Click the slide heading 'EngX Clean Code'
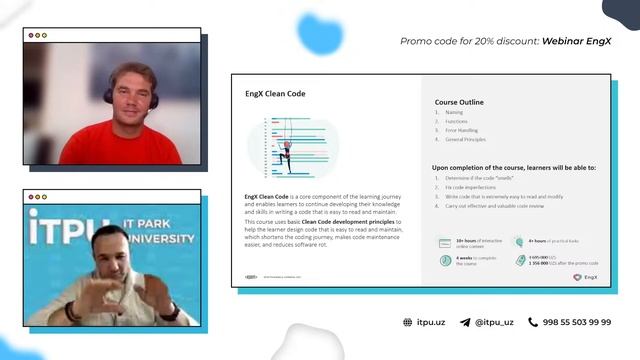click(275, 94)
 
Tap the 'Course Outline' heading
click(460, 102)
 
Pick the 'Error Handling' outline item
click(461, 130)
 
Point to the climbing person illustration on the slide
click(287, 148)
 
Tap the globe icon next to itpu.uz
click(407, 322)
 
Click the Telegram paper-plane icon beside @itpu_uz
click(465, 322)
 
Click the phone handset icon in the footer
click(532, 322)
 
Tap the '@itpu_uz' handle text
click(495, 322)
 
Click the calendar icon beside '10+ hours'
click(444, 242)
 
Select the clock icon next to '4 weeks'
click(444, 259)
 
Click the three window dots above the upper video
click(37, 35)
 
